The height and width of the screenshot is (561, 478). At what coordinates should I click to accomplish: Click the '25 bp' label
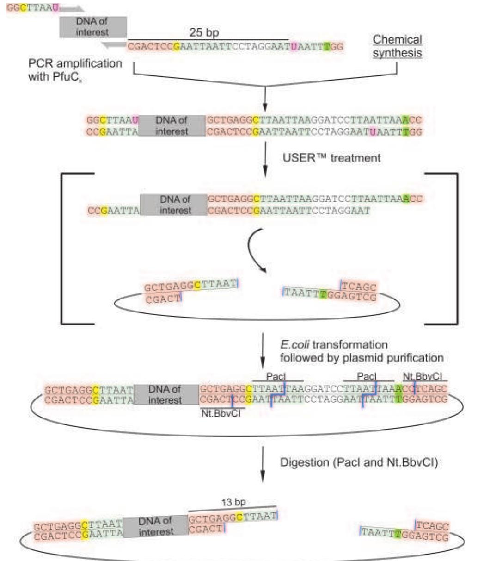pyautogui.click(x=204, y=33)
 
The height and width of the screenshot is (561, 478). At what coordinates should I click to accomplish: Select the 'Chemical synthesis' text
pyautogui.click(x=397, y=46)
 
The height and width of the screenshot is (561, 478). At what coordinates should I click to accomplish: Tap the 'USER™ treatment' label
pyautogui.click(x=331, y=158)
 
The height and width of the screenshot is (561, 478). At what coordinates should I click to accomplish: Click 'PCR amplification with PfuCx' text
pyautogui.click(x=75, y=69)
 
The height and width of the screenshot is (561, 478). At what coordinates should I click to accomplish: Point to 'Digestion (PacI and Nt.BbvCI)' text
pyautogui.click(x=358, y=462)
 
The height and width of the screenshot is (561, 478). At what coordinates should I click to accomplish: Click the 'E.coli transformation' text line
pyautogui.click(x=334, y=345)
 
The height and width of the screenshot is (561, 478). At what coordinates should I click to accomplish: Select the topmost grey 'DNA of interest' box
pyautogui.click(x=93, y=27)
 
